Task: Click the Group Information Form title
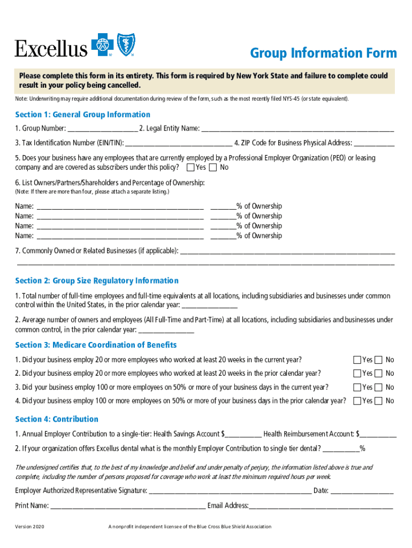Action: pyautogui.click(x=324, y=53)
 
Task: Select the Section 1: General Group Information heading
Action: pyautogui.click(x=82, y=115)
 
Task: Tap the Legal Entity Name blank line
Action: pyautogui.click(x=297, y=128)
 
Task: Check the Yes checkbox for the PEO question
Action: pyautogui.click(x=190, y=168)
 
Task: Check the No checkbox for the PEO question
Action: pyautogui.click(x=213, y=168)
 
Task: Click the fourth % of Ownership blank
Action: pyautogui.click(x=223, y=236)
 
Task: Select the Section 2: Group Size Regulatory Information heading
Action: pyautogui.click(x=97, y=281)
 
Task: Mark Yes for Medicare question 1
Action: pyautogui.click(x=357, y=360)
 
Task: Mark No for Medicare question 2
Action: pyautogui.click(x=379, y=374)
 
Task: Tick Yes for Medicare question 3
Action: pyautogui.click(x=357, y=387)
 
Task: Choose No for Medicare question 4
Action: pyautogui.click(x=379, y=401)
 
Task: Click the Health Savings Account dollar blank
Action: pyautogui.click(x=243, y=434)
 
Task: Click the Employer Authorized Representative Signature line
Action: pyautogui.click(x=230, y=491)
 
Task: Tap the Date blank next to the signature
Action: pyautogui.click(x=362, y=491)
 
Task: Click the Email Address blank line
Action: pyautogui.click(x=321, y=506)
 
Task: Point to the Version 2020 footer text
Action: pyautogui.click(x=30, y=527)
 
